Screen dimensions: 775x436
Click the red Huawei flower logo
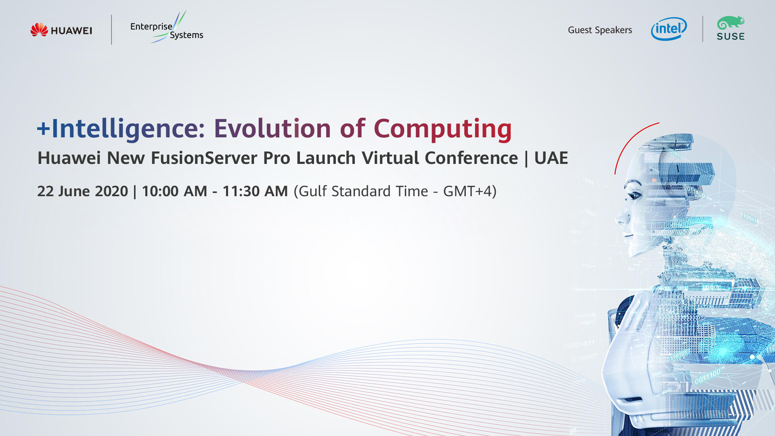tap(39, 30)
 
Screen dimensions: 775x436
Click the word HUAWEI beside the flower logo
tap(71, 31)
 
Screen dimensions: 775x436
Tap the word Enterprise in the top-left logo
tap(151, 27)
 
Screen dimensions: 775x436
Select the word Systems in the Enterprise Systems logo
tap(186, 35)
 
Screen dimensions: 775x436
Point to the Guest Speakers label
tap(600, 30)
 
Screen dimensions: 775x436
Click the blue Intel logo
tap(669, 29)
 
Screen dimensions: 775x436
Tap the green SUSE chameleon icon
tap(731, 23)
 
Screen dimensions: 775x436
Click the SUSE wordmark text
tap(731, 36)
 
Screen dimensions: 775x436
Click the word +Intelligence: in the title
tap(121, 129)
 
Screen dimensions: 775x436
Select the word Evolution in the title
tap(272, 128)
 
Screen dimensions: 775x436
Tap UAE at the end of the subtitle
tap(551, 158)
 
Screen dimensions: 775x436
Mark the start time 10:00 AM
tap(174, 191)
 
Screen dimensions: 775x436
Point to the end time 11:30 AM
tap(255, 191)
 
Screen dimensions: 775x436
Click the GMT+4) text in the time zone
tap(470, 191)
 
